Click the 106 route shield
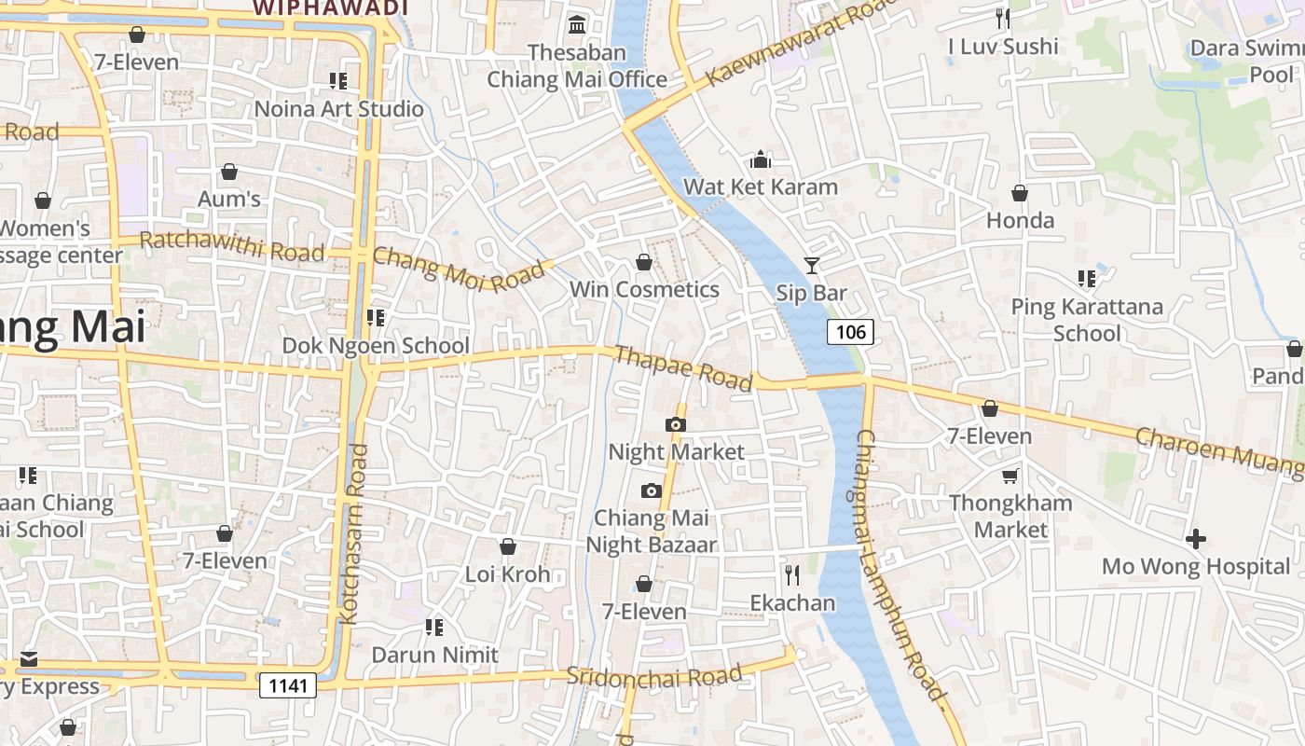850,332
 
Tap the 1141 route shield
288,686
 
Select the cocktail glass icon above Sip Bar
812,266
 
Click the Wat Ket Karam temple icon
761,159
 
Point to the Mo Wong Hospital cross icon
1195,539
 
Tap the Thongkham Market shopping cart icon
1010,477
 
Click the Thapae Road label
683,368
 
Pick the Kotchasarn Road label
355,533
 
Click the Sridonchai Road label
654,676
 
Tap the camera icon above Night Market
676,425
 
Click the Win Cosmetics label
644,289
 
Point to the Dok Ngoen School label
376,346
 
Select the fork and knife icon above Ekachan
792,574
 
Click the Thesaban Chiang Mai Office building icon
577,24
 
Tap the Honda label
1020,221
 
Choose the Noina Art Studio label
338,109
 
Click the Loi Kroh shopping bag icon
508,546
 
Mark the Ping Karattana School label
1087,320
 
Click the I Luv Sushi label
1003,47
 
